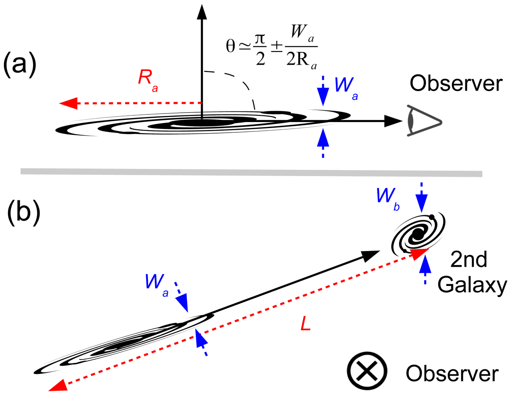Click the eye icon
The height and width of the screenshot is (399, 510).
[424, 120]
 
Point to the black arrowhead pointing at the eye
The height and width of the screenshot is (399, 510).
[394, 121]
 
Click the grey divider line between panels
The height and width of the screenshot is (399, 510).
[251, 172]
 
